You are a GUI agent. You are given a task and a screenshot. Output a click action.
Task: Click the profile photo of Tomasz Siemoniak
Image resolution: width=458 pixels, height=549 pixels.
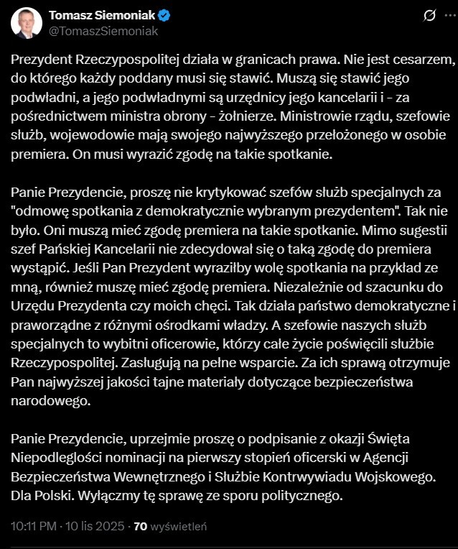click(x=26, y=23)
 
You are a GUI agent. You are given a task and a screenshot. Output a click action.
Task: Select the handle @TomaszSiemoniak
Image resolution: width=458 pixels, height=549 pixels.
click(x=103, y=31)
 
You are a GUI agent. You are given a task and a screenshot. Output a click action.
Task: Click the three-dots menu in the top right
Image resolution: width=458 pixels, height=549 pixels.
click(x=447, y=16)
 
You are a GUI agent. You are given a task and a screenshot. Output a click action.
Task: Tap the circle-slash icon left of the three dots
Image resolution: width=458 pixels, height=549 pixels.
click(x=429, y=16)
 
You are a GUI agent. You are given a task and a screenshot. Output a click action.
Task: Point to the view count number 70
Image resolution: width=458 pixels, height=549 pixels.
click(x=141, y=526)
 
